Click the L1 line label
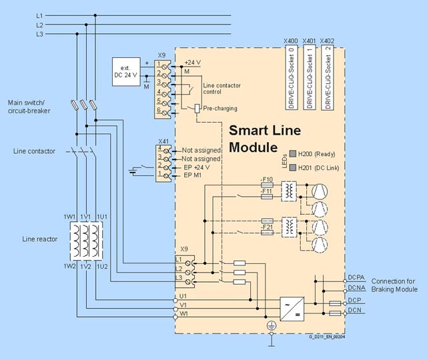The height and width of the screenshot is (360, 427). [x=40, y=15]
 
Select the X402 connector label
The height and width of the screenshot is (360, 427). [x=328, y=41]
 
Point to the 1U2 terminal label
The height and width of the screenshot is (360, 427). [x=101, y=266]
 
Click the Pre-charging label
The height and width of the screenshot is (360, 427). [x=220, y=108]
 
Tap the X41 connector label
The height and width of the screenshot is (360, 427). [x=163, y=141]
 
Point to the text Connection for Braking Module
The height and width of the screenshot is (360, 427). [x=394, y=285]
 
